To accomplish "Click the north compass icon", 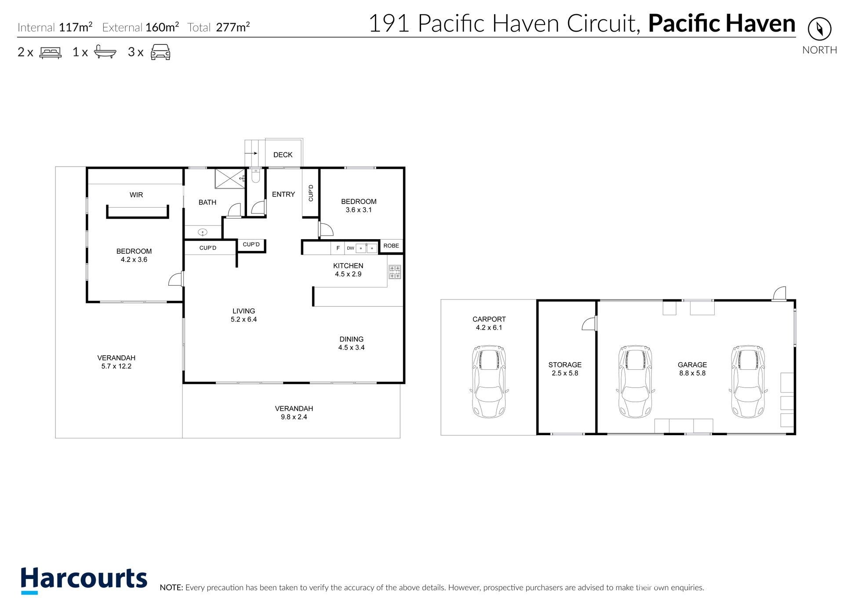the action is [x=819, y=29].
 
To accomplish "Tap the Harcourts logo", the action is [x=84, y=579].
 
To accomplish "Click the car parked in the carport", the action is [x=488, y=381].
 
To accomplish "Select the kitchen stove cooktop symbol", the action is [x=395, y=272].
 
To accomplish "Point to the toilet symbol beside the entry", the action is [x=255, y=175].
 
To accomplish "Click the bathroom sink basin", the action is [x=203, y=232].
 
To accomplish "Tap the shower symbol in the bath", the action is [x=230, y=178].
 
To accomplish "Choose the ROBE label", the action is [x=391, y=246].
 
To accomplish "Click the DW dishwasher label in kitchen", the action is [x=350, y=248].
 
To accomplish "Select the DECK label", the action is [x=283, y=155].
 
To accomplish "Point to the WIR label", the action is [x=136, y=195].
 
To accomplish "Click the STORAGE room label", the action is [x=565, y=365].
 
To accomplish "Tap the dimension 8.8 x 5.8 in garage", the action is [x=692, y=373].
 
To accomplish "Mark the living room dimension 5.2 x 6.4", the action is [x=244, y=320].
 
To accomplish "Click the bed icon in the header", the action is [x=51, y=52].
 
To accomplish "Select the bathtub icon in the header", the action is [x=105, y=51].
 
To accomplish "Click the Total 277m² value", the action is [x=233, y=27].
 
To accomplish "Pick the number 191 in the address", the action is [x=389, y=23].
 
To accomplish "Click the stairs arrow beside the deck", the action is [x=251, y=153].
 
